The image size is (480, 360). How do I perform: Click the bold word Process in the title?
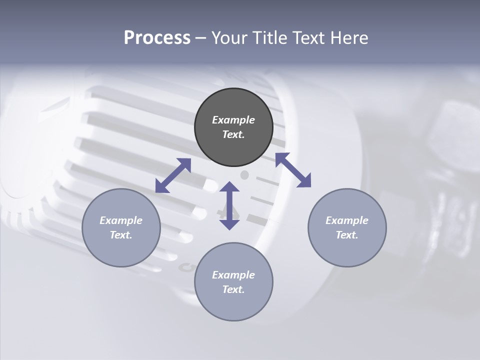click(x=157, y=38)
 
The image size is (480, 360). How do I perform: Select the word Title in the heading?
click(x=268, y=38)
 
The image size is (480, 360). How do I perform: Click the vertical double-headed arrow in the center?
click(x=229, y=205)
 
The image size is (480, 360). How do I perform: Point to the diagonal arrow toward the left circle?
click(x=173, y=175)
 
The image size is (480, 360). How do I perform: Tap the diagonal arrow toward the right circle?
click(x=293, y=170)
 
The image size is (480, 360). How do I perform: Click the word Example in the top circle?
click(x=233, y=120)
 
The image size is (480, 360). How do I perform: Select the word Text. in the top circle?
click(x=233, y=134)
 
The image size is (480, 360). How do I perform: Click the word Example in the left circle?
click(x=121, y=220)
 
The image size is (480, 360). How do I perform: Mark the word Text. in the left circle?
click(x=121, y=235)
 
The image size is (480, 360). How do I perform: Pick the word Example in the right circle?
click(x=347, y=220)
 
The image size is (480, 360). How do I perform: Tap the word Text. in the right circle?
click(x=347, y=235)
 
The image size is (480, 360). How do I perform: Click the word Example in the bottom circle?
click(x=233, y=275)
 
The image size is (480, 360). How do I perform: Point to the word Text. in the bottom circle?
click(x=233, y=289)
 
